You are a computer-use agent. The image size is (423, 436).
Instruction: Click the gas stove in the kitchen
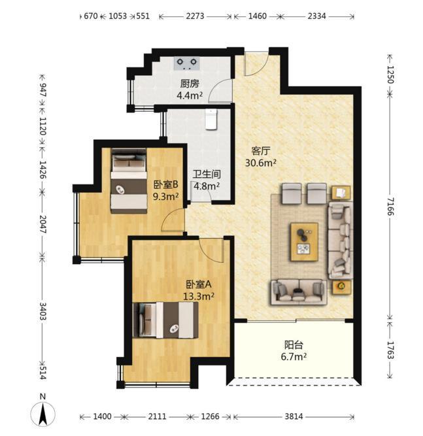pos(187,63)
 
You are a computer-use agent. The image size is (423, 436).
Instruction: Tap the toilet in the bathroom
pos(211,119)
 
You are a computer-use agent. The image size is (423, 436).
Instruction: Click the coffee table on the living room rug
pos(304,242)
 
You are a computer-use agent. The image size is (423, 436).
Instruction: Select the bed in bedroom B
pos(129,180)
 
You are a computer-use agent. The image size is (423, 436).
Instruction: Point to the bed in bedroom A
pos(166,320)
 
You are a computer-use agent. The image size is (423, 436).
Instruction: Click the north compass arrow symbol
pos(42,413)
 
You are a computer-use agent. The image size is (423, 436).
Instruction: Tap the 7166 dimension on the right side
pos(390,207)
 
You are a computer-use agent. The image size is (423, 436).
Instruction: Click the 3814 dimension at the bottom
pos(294,416)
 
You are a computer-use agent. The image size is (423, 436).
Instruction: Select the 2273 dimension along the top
pos(195,16)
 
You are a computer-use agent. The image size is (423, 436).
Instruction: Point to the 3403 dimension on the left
pos(42,311)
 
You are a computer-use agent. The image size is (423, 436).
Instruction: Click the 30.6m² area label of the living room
pos(261,163)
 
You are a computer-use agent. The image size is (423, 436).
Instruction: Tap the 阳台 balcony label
pos(294,344)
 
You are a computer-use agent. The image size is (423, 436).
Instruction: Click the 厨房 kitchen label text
pos(190,84)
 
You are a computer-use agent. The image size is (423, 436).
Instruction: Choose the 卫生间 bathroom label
pos(207,174)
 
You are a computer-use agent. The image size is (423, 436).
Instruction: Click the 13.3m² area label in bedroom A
pos(199,296)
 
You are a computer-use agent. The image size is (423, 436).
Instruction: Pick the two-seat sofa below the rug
pos(299,292)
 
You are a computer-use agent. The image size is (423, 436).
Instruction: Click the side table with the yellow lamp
pos(341,286)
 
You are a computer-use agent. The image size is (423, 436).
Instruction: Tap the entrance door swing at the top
pos(256,63)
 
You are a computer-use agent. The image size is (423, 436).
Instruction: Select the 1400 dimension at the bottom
pos(102,416)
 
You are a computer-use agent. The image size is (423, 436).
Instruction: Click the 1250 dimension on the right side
pos(390,75)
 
